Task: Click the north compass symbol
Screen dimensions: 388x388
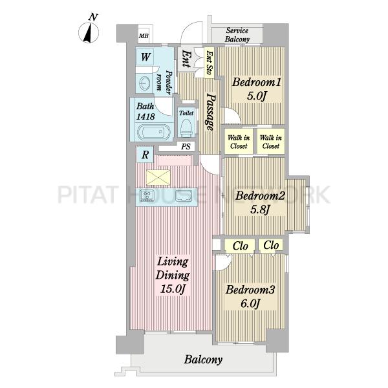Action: pos(89,32)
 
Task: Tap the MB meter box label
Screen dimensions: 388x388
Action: pos(144,36)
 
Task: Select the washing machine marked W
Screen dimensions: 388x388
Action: pos(145,57)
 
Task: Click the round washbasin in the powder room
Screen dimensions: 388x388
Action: pos(144,83)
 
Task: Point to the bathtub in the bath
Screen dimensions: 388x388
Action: pos(153,132)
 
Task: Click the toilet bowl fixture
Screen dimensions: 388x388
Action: pos(186,128)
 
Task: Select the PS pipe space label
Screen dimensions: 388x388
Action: pos(186,147)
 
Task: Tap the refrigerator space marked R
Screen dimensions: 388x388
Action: pos(145,155)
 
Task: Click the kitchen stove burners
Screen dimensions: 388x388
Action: pos(147,195)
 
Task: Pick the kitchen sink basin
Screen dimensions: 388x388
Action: pos(184,196)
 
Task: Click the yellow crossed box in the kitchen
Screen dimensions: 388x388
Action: pos(158,177)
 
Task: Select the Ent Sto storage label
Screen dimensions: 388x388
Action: pos(210,63)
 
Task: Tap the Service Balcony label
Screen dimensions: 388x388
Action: pos(237,35)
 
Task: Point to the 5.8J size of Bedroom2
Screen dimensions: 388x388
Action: pos(260,210)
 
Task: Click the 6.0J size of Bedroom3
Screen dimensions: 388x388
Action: pos(251,303)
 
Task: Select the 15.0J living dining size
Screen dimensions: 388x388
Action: pos(173,289)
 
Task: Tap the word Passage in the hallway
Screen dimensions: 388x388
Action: pos(211,112)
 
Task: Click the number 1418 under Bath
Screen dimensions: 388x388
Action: pos(145,116)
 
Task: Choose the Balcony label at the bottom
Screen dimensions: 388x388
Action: pos(203,360)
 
